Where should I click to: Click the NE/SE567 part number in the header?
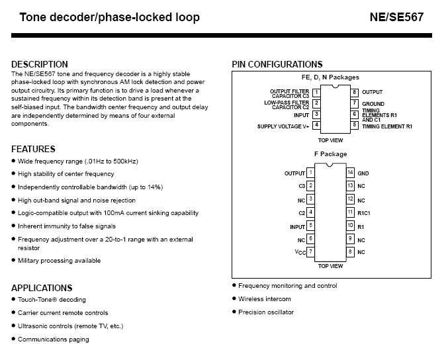point(396,17)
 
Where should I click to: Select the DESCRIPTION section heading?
point(40,64)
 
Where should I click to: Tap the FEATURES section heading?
point(34,149)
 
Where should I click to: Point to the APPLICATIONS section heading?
point(42,288)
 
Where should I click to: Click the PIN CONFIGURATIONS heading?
point(277,64)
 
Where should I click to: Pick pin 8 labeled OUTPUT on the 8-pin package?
point(355,92)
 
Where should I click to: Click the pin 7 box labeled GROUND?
point(355,103)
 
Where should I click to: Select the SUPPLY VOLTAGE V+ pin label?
point(283,126)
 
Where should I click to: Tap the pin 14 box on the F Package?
point(350,173)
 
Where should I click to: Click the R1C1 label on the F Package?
point(365,212)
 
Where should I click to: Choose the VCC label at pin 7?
point(300,252)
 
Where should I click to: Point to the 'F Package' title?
point(330,154)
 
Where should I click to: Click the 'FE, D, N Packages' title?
point(330,77)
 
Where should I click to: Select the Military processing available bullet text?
point(59,261)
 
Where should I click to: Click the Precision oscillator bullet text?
point(266,312)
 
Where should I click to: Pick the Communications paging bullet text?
point(53,339)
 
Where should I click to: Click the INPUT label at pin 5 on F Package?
point(297,226)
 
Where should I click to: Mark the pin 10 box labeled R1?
point(350,226)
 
